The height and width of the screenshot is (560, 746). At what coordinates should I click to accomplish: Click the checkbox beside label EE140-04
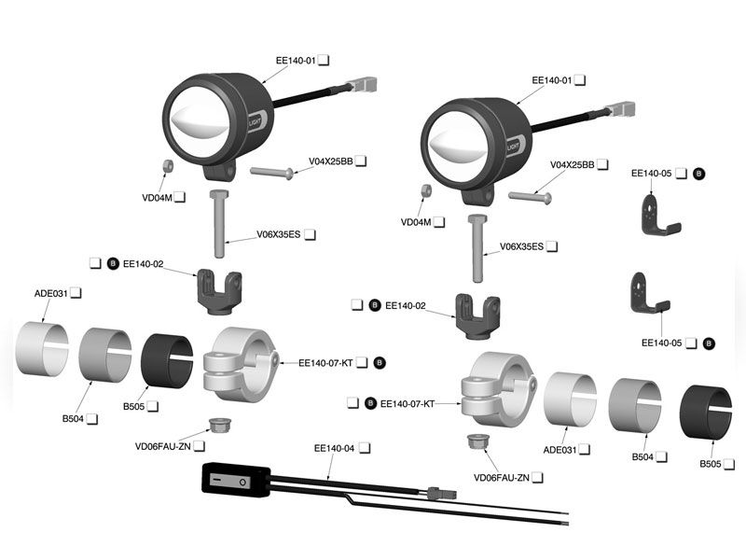click(365, 449)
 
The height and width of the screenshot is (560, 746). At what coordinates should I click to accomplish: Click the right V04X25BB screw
click(531, 196)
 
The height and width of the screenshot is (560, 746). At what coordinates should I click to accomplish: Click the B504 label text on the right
click(643, 457)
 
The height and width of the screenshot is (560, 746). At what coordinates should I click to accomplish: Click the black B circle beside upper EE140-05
click(699, 174)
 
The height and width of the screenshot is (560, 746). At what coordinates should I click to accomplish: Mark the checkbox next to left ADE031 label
click(76, 293)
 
